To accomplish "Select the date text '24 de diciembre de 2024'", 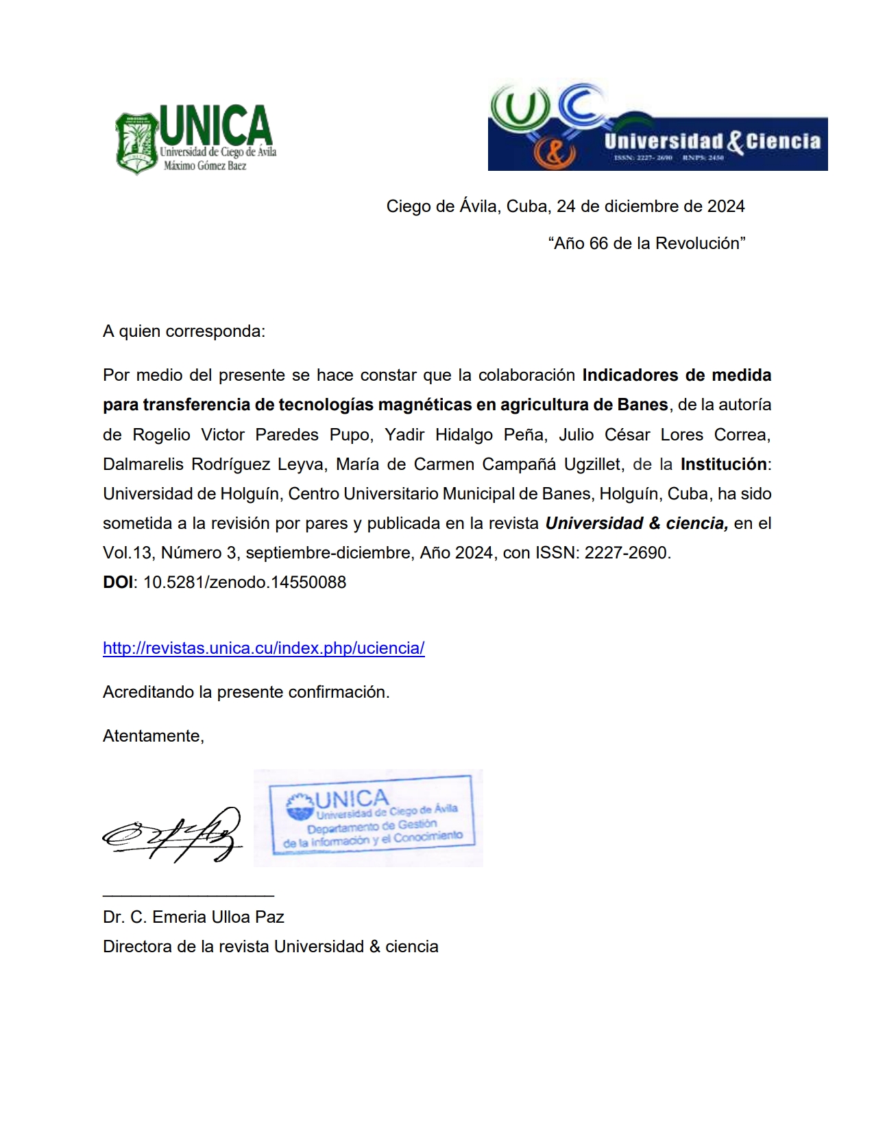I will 651,207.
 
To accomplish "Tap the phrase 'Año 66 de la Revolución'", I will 646,244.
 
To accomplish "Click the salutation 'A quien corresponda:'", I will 184,331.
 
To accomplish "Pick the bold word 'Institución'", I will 723,464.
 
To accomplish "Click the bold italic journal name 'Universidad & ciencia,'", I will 636,523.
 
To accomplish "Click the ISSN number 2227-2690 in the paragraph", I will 627,553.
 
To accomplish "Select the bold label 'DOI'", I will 118,582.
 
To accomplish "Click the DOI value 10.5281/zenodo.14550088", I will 245,582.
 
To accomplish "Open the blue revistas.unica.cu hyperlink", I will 263,648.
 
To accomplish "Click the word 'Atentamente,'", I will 154,736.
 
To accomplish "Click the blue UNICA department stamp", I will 370,818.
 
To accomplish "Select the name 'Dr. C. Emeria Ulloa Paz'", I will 193,917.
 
